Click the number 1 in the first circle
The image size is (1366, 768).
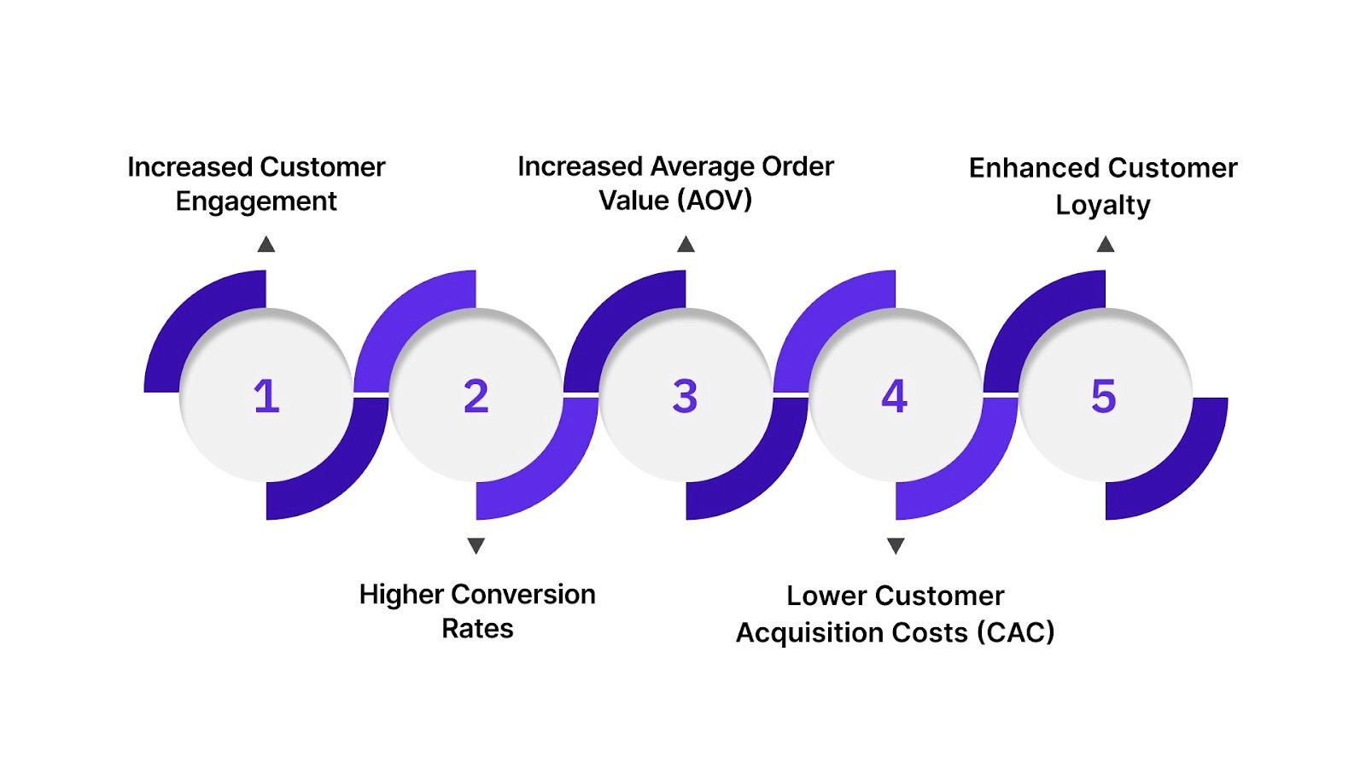click(x=266, y=396)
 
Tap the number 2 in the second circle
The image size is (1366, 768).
click(x=476, y=396)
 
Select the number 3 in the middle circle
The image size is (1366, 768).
click(x=685, y=396)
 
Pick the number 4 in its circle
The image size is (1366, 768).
click(x=894, y=396)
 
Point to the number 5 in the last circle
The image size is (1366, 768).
click(x=1103, y=396)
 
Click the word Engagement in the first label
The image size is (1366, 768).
click(x=256, y=201)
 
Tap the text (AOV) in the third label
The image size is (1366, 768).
click(x=714, y=201)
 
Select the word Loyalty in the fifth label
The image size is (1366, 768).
click(x=1102, y=205)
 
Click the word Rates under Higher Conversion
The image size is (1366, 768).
click(x=477, y=629)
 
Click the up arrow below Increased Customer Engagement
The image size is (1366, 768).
click(x=266, y=245)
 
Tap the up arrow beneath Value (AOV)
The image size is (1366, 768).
click(x=686, y=245)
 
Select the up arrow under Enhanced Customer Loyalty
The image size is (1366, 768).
click(x=1106, y=245)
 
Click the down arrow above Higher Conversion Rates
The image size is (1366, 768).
click(x=476, y=545)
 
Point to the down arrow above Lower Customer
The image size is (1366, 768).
click(x=896, y=545)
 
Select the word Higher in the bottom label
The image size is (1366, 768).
click(x=401, y=594)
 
